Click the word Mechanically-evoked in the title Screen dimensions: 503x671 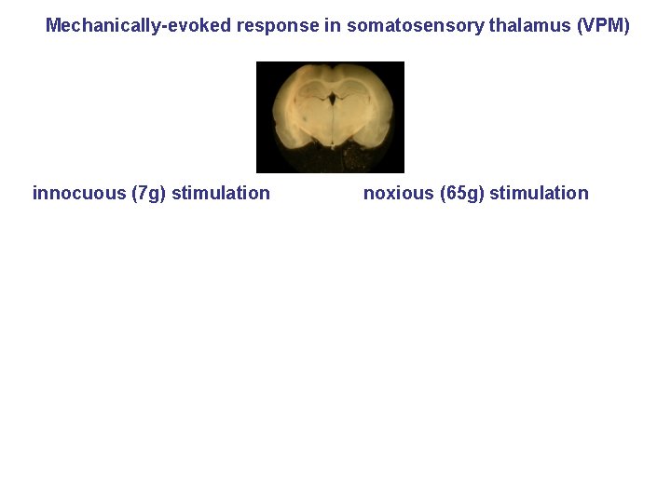pos(138,25)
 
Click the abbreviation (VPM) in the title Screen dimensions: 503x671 pos(603,25)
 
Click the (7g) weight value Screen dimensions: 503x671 pos(149,194)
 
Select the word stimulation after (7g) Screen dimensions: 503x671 pos(221,194)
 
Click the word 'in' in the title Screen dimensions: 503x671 pos(333,25)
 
